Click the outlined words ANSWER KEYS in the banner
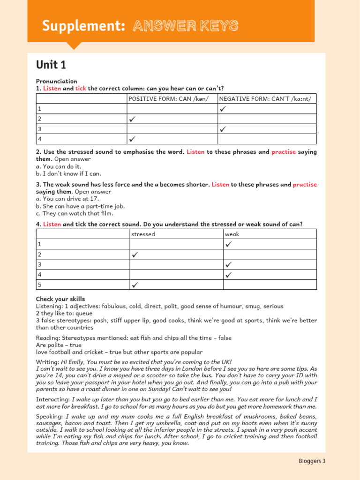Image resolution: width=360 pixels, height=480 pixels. coord(185,26)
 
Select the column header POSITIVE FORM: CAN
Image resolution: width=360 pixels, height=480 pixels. coord(168,98)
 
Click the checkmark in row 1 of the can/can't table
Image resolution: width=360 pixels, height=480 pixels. coord(223,109)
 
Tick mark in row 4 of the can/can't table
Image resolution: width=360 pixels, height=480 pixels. coord(133,139)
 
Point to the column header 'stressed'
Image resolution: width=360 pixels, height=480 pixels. coord(143,234)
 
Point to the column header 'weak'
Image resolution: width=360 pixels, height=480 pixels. coord(232,234)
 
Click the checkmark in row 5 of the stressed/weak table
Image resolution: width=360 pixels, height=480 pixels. coord(135,285)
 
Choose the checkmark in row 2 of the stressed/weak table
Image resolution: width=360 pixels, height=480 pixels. coord(135,255)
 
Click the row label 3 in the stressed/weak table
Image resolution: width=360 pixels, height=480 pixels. coord(40,264)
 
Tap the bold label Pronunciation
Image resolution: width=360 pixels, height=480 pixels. coord(57,81)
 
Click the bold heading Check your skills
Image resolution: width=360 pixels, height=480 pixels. coord(60,299)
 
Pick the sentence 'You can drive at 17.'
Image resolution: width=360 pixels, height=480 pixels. coord(67,199)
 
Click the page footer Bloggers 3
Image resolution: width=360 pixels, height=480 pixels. coord(312,461)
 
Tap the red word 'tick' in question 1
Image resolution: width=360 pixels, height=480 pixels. coord(81,89)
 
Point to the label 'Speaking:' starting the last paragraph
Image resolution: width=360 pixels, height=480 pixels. coord(49,416)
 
